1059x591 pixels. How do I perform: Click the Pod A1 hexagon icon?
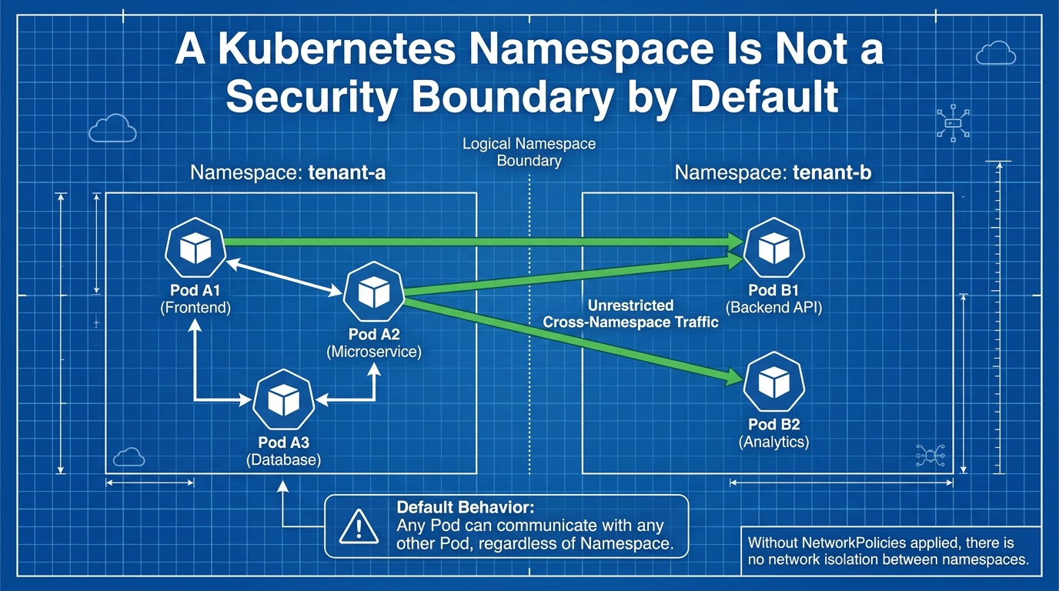pos(195,248)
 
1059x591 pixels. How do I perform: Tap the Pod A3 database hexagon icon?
pos(284,400)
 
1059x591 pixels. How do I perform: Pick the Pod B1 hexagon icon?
pos(774,248)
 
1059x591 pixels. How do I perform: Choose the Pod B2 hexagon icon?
pos(774,382)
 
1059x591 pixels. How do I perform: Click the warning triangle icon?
pos(359,526)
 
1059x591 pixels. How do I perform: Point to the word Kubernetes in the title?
pos(336,49)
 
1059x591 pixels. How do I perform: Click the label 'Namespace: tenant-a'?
pos(288,172)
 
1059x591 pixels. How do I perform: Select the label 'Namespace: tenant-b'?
pos(773,172)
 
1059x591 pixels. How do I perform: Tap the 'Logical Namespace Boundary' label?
pos(529,152)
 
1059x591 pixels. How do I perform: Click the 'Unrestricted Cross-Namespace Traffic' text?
pos(630,314)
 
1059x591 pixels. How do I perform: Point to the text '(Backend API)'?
pos(774,308)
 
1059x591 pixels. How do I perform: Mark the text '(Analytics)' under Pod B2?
pos(774,442)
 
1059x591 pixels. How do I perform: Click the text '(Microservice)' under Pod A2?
pos(374,352)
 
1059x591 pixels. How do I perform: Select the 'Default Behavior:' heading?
pos(466,507)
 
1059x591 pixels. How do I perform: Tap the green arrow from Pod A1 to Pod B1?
pos(483,242)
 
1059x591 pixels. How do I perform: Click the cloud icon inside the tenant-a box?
pos(129,457)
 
